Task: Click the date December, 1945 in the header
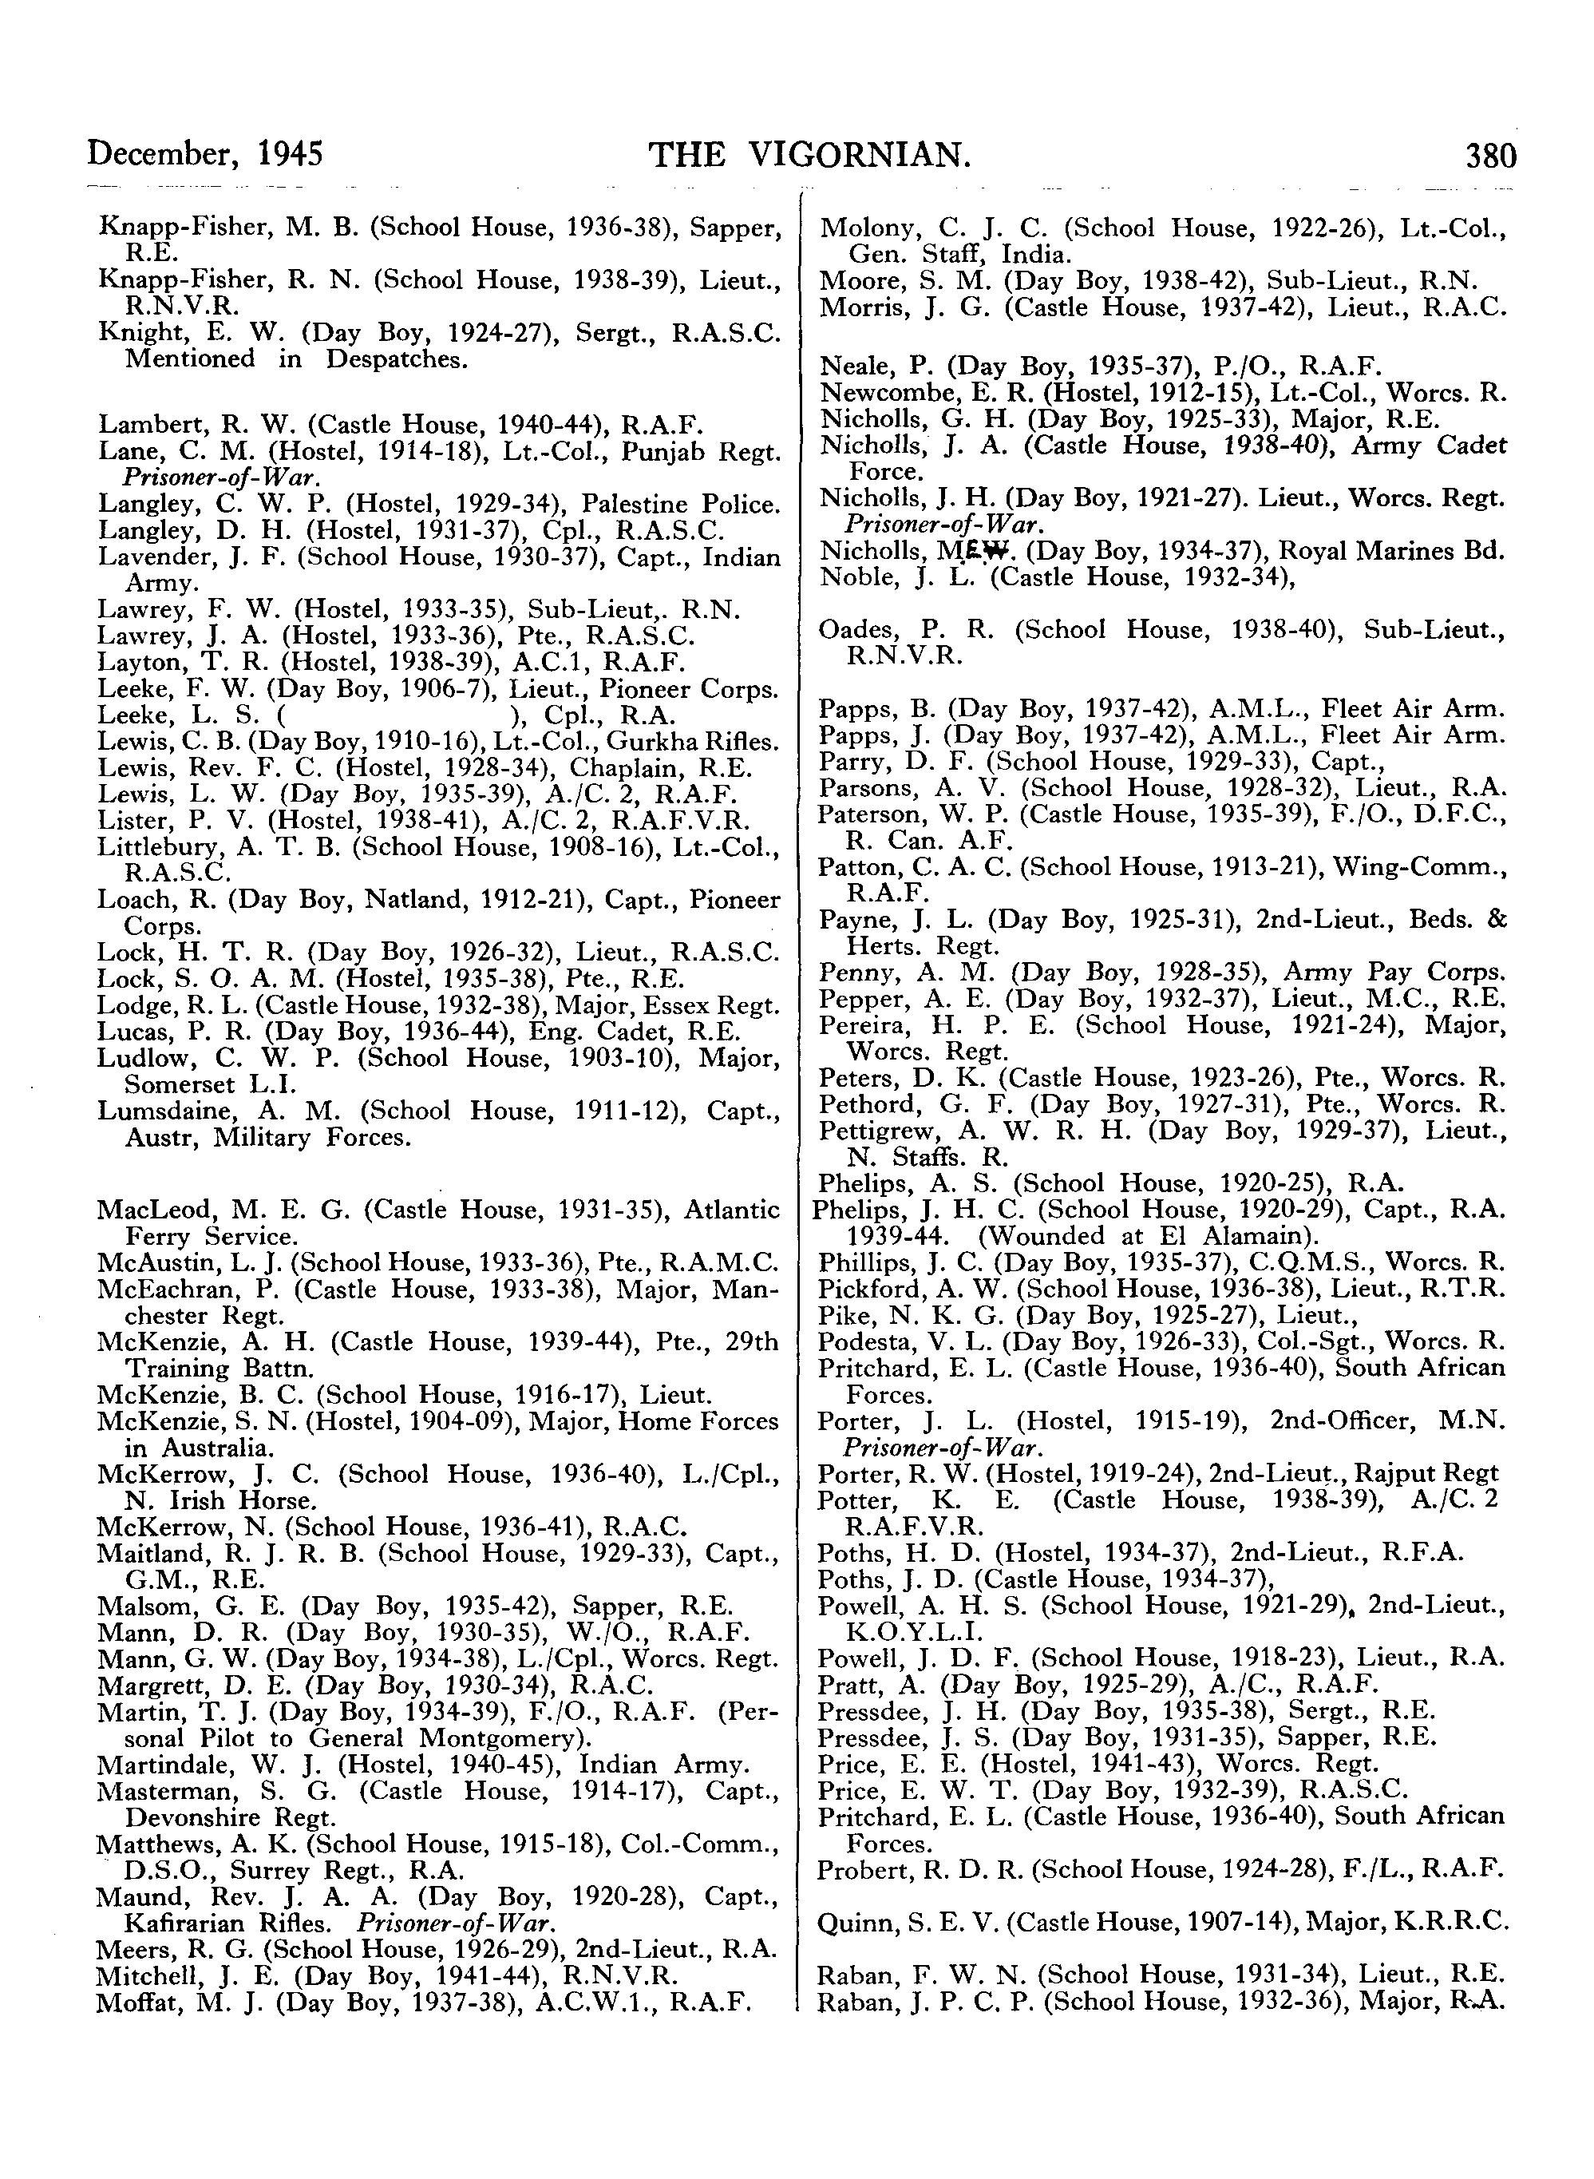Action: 204,154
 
